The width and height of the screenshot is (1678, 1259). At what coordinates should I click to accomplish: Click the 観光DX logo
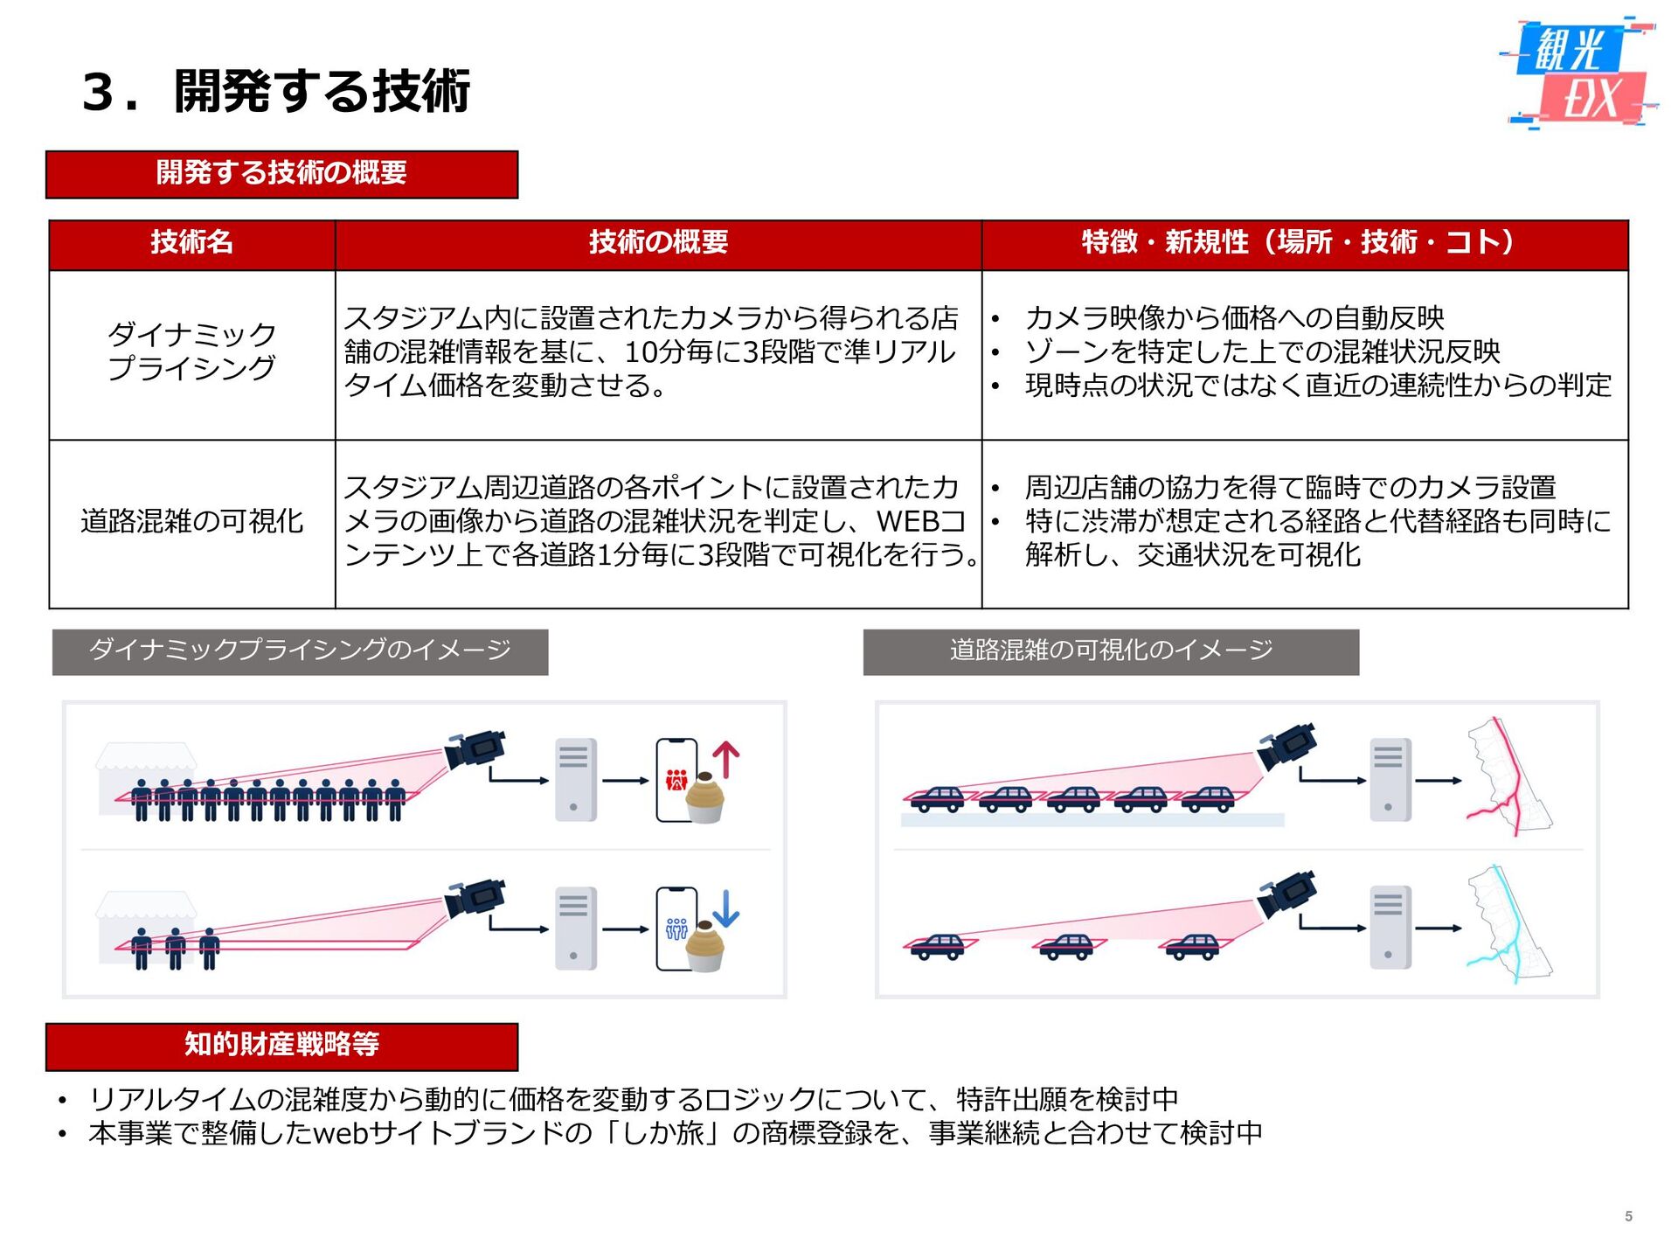coord(1578,73)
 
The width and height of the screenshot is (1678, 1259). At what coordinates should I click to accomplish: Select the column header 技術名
coord(191,242)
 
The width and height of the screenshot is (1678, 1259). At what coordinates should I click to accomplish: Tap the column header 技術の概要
coord(658,242)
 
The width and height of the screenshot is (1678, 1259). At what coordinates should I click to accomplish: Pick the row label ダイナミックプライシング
coord(191,351)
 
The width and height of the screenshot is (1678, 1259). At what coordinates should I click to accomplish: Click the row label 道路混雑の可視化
coord(191,521)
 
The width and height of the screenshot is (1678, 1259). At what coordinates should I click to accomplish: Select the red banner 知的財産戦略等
coord(281,1045)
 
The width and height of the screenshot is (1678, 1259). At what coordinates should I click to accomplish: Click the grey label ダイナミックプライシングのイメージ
coord(300,650)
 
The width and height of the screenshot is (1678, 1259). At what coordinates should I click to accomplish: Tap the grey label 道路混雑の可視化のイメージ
coord(1111,650)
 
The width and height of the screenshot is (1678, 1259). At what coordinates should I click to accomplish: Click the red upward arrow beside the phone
coord(726,759)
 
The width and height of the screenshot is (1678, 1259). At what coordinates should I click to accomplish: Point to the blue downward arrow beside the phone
coord(726,908)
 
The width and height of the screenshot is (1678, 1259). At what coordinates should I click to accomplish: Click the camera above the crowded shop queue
coord(475,749)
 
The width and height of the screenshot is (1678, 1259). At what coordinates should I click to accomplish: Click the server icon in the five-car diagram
coord(1390,779)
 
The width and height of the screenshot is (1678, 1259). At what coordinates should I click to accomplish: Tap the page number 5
coord(1628,1216)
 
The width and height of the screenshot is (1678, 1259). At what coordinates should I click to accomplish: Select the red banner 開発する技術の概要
coord(281,174)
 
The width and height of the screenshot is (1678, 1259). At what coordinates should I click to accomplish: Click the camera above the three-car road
coord(1286,895)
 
